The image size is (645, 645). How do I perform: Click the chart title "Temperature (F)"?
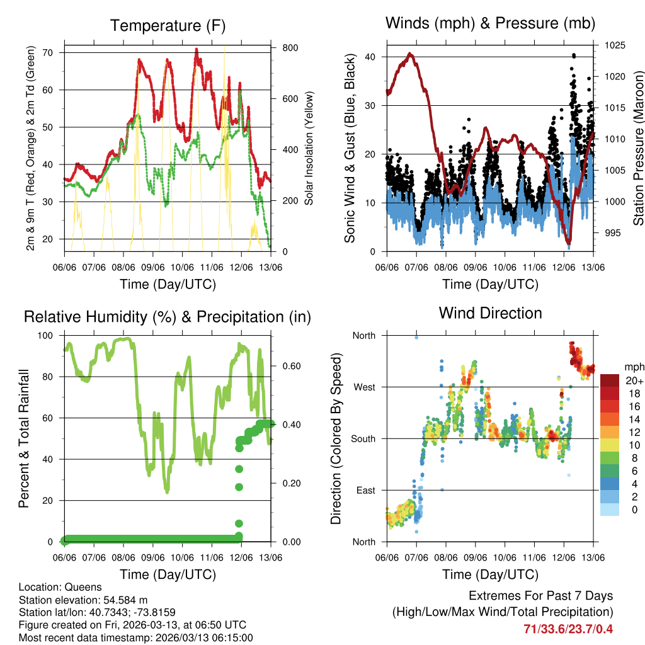coord(168,26)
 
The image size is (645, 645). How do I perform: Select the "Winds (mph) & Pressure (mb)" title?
coord(490,24)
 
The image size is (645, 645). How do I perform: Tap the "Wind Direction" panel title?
coord(490,313)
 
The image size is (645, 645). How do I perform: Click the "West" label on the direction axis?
coord(365,387)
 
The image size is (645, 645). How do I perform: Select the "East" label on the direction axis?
coord(365,490)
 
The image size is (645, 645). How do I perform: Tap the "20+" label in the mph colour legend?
coord(633,381)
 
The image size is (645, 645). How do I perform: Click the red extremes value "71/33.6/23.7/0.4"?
coord(568,629)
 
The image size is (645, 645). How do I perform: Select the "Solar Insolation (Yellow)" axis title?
coord(309,149)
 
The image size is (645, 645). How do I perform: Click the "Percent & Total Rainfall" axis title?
coord(23,438)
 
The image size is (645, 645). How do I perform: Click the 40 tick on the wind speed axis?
coord(370,57)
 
